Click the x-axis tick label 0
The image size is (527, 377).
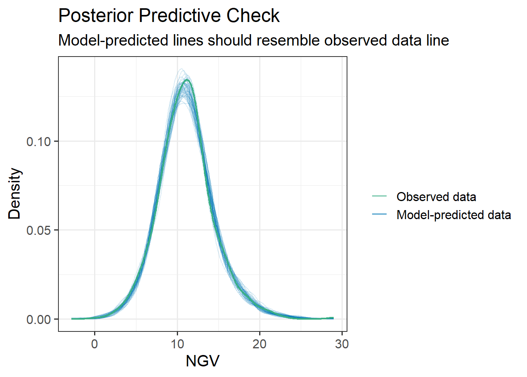[x=94, y=344]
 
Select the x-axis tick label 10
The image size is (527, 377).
[x=177, y=344]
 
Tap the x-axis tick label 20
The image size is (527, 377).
[x=260, y=344]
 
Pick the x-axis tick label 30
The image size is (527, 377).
[x=342, y=344]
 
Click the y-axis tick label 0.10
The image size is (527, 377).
[x=38, y=141]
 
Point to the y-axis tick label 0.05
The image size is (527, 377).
[x=38, y=230]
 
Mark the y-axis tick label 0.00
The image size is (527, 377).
[x=38, y=319]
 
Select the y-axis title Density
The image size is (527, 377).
[x=15, y=193]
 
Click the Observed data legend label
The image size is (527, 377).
[x=436, y=197]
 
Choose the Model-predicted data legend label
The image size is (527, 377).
[x=454, y=215]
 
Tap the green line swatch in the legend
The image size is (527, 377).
[x=379, y=196]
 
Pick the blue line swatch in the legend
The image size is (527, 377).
[x=379, y=214]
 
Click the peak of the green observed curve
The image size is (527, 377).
[x=187, y=80]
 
